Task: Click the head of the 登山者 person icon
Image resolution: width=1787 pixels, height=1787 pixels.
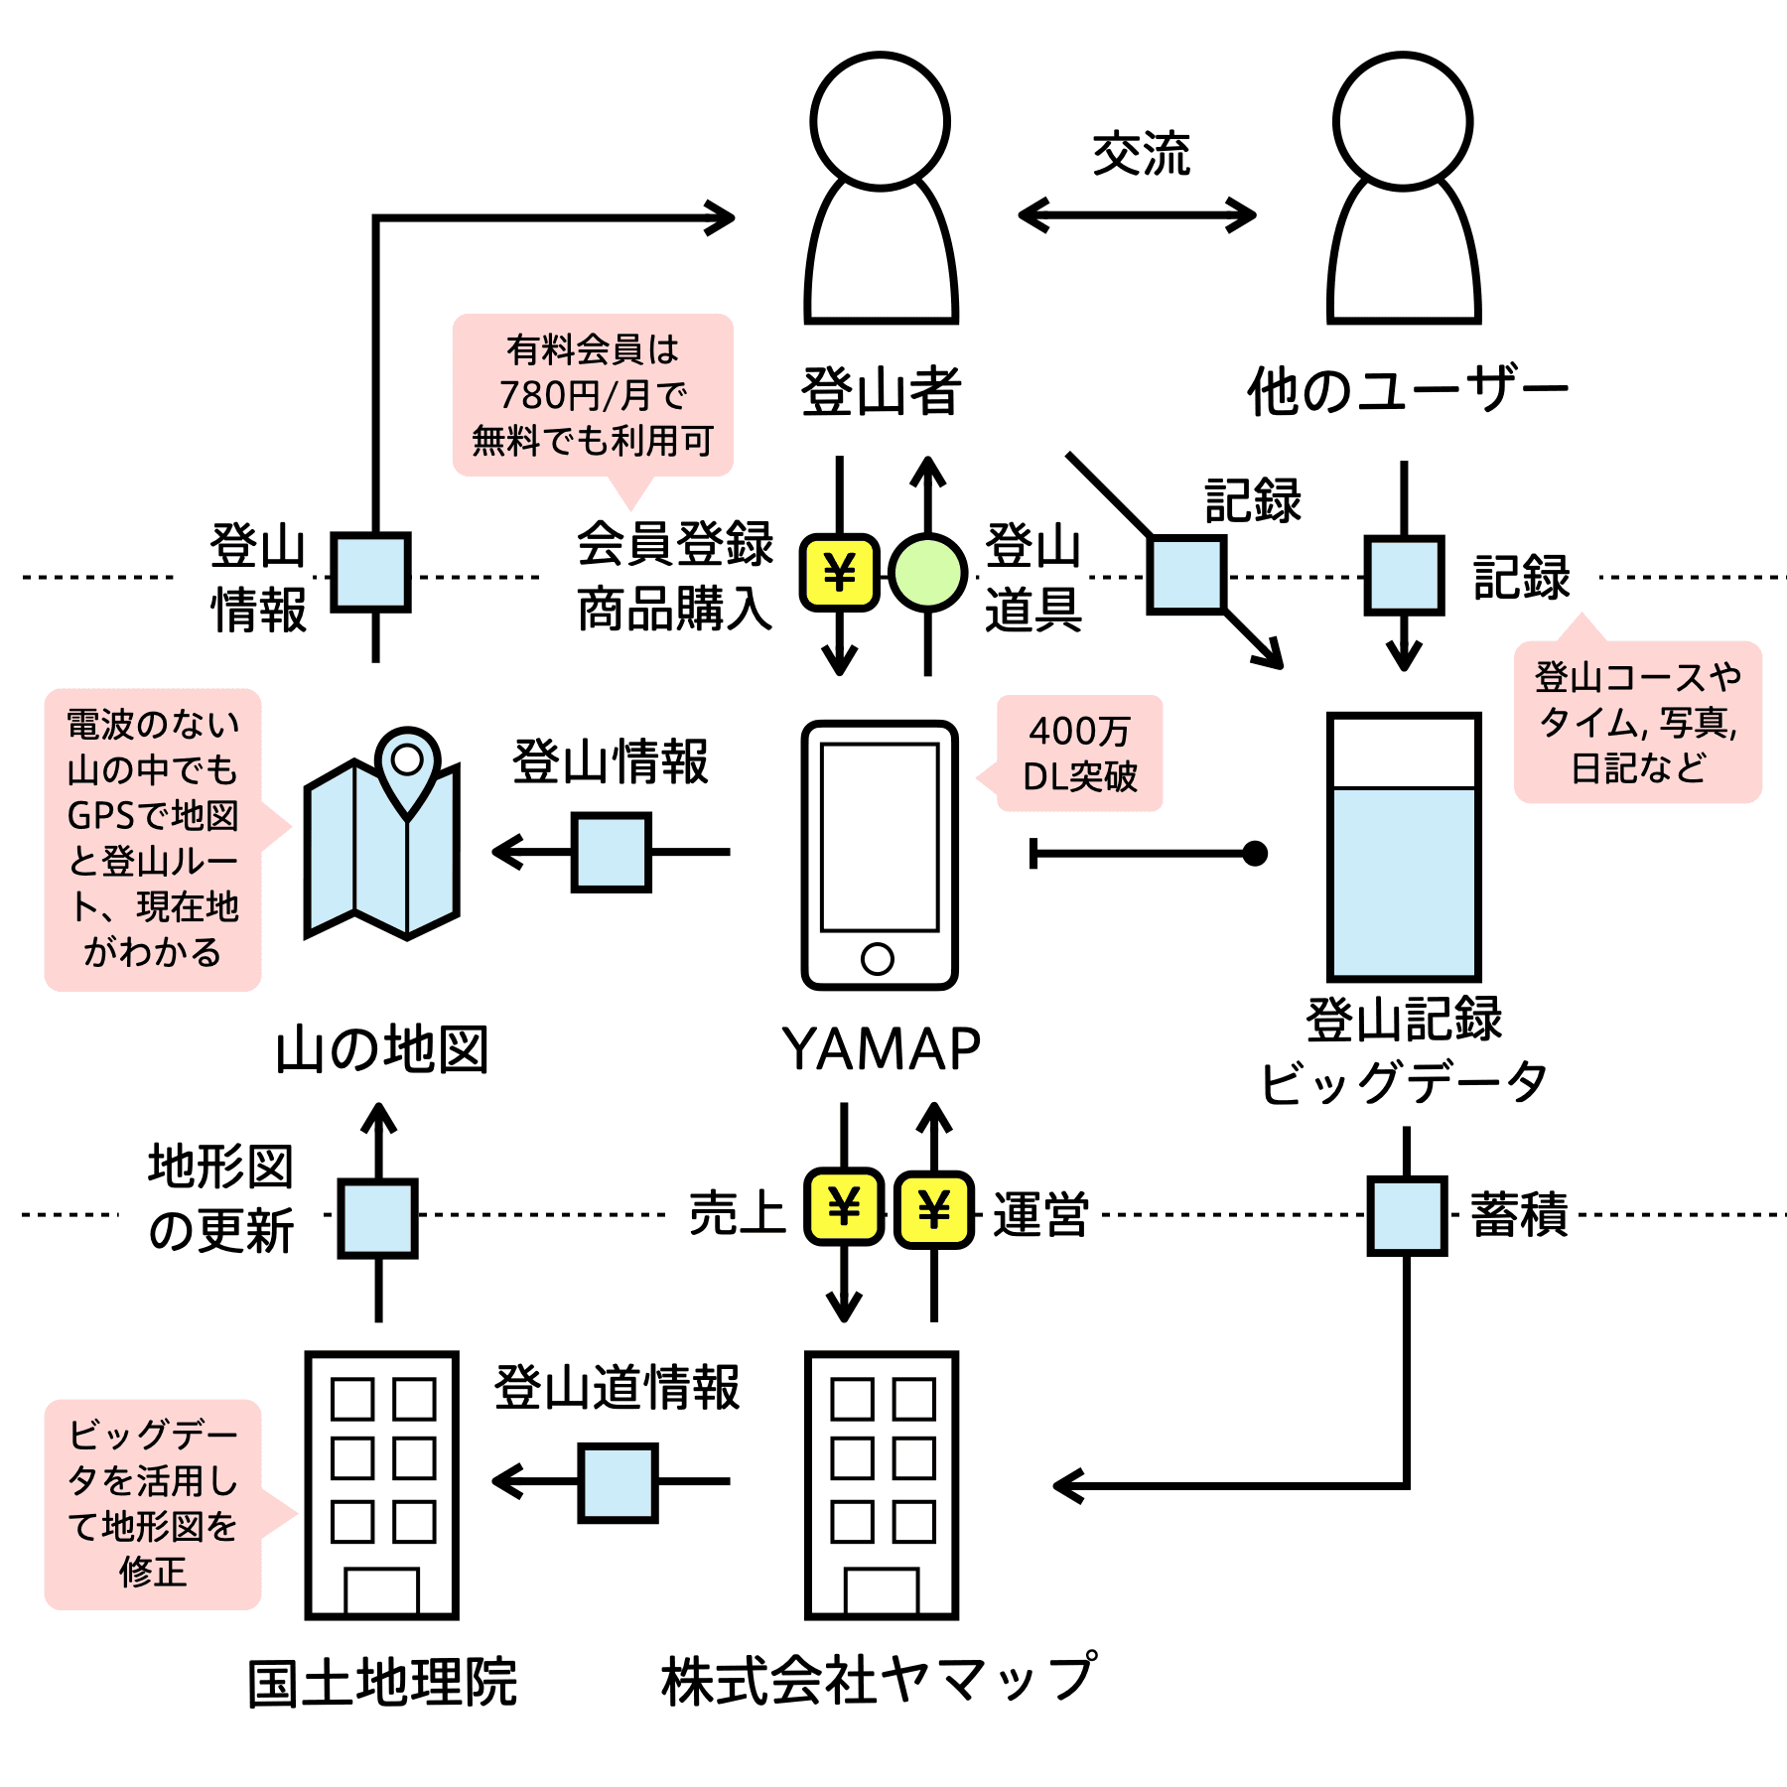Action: click(880, 121)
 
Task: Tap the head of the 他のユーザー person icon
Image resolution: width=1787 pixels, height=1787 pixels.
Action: click(1403, 121)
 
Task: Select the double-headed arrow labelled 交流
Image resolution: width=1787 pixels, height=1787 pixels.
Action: click(1138, 214)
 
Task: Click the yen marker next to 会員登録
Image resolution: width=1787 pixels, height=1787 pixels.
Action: click(840, 573)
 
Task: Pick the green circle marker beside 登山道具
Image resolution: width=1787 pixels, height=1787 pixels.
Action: click(927, 573)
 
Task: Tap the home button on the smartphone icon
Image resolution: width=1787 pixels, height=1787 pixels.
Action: click(878, 958)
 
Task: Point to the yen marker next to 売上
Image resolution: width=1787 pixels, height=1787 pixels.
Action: click(844, 1207)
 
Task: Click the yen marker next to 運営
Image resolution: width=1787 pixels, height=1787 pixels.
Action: click(933, 1209)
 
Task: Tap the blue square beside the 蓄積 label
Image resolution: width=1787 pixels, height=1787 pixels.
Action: click(1407, 1216)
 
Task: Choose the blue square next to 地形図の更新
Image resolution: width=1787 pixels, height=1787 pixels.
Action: click(377, 1218)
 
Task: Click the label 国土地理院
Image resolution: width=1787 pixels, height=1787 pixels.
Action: click(382, 1683)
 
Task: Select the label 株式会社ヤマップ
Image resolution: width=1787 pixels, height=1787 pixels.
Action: click(880, 1679)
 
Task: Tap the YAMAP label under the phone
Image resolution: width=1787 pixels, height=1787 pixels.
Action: click(881, 1048)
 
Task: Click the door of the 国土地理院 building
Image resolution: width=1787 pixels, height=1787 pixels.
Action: click(382, 1590)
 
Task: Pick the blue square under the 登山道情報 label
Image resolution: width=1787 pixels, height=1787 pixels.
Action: click(619, 1483)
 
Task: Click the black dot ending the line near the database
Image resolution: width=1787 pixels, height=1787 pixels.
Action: click(1255, 853)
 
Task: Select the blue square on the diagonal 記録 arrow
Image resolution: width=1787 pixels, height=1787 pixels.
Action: click(1187, 575)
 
